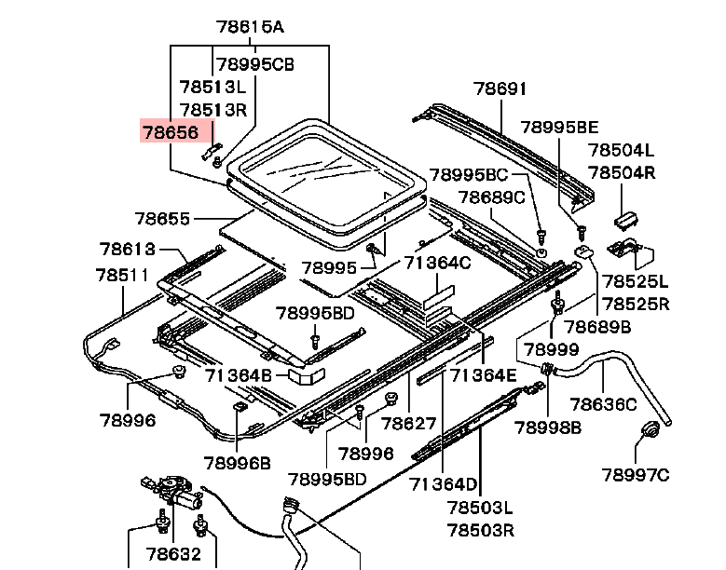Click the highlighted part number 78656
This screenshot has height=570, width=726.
pos(170,132)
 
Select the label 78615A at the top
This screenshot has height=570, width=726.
pos(249,27)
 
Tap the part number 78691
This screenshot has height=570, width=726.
pos(500,89)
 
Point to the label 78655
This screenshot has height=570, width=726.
pos(162,220)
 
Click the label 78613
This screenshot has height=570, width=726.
pos(128,250)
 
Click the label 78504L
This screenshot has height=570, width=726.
pos(621,150)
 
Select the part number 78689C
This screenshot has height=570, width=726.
pos(491,197)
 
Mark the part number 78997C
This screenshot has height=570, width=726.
pos(636,476)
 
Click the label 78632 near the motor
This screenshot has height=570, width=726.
pos(171,554)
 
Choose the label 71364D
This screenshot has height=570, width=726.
pos(443,484)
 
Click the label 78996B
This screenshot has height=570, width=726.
pos(238,463)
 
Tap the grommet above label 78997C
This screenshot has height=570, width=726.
pos(650,432)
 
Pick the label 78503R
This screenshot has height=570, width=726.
pos(480,531)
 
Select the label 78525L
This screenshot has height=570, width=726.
pos(634,281)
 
